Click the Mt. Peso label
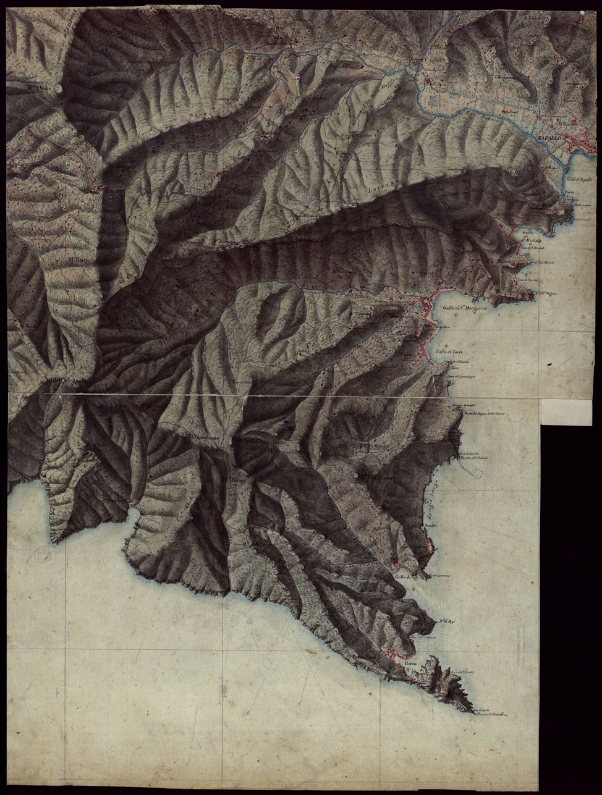38,88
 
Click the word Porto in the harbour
410,664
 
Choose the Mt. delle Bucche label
255,442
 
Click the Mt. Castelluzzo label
284,451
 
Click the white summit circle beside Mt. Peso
59,88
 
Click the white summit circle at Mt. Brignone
359,475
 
